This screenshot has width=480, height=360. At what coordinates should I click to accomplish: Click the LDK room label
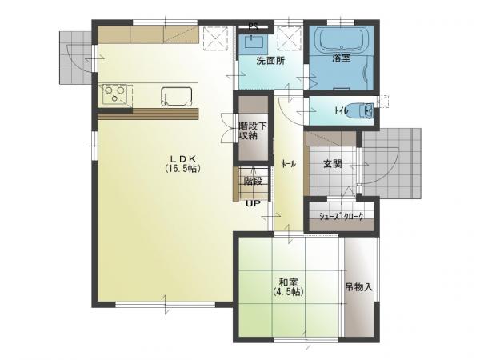click(182, 158)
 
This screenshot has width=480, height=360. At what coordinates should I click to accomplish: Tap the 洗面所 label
click(270, 61)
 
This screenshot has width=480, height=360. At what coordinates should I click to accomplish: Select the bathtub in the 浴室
click(342, 41)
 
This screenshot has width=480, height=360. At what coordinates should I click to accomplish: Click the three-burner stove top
click(114, 94)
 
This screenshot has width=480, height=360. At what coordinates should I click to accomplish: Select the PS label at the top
click(253, 27)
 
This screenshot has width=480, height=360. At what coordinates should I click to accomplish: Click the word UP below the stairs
click(253, 203)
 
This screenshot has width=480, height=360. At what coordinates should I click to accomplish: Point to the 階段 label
click(253, 181)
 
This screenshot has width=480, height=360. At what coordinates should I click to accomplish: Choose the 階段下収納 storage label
click(253, 130)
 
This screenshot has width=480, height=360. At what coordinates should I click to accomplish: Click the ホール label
click(288, 164)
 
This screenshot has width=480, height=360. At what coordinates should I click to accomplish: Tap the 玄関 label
click(333, 164)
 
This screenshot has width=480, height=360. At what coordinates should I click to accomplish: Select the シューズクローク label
click(342, 217)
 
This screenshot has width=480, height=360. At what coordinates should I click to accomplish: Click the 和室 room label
click(288, 282)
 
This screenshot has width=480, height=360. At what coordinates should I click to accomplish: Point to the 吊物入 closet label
click(358, 287)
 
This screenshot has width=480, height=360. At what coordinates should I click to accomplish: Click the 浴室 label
click(342, 58)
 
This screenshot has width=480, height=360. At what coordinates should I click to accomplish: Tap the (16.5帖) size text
click(182, 168)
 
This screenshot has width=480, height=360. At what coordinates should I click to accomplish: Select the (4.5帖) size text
click(288, 291)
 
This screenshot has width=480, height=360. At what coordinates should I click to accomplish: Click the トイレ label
click(341, 110)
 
